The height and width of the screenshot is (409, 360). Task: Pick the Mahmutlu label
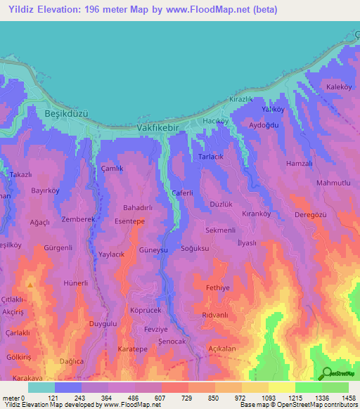coord(333,183)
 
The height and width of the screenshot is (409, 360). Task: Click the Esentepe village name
coord(129,221)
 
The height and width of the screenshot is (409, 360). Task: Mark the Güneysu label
coord(134,250)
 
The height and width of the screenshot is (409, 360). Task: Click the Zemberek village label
coord(77,220)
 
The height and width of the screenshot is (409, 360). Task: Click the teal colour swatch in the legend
coord(41,387)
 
